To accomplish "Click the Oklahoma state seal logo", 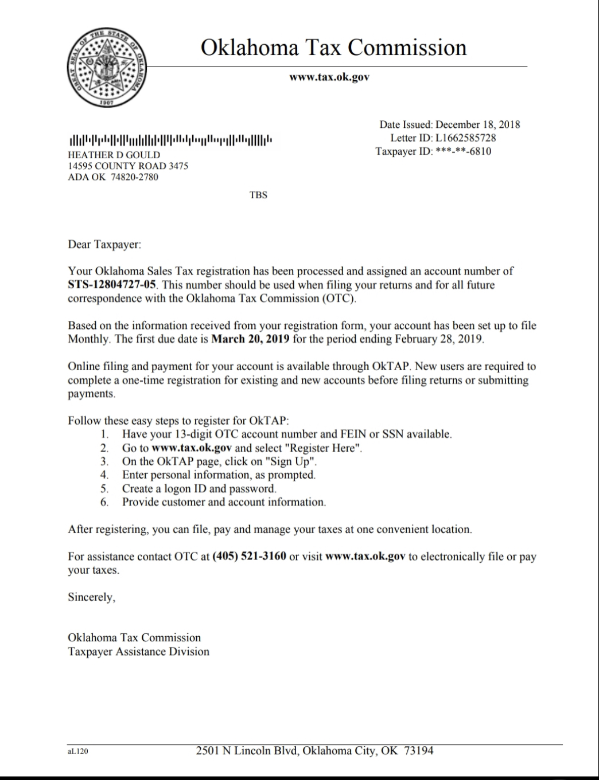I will (107, 68).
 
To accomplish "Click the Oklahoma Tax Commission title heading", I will (333, 48).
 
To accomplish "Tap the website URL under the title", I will (329, 77).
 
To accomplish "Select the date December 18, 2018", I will (477, 124).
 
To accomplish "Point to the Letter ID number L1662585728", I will (465, 138).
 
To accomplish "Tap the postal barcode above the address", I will (170, 140).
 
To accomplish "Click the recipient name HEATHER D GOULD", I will (114, 155).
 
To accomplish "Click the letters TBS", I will (258, 195).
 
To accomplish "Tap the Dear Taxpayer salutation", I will (104, 245).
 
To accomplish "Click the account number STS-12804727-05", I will (112, 285).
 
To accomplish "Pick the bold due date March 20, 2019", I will (251, 339).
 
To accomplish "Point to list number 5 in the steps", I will (104, 489).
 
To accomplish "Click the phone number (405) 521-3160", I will (249, 556).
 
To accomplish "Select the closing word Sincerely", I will (91, 597).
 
